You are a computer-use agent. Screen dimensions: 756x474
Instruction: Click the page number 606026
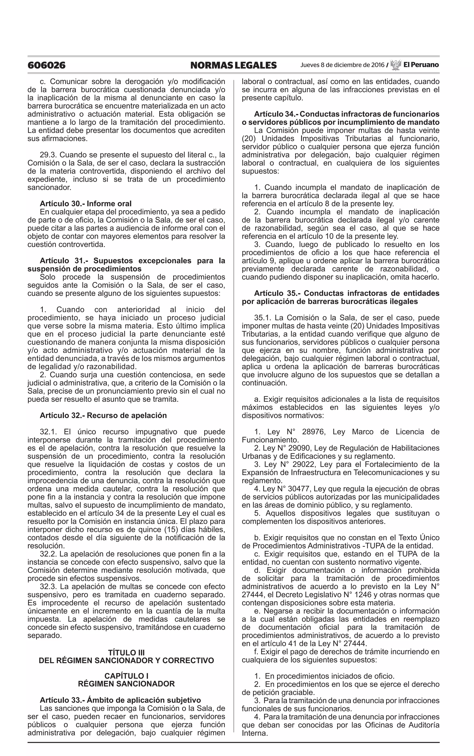pos(46,65)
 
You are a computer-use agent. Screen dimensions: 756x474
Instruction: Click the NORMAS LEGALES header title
pos(233,65)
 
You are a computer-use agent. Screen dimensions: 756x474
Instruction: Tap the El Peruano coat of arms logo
pos(396,65)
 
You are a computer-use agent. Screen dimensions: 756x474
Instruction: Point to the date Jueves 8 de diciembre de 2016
pos(342,65)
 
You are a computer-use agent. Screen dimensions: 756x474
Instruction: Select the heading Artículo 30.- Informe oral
pos(86,204)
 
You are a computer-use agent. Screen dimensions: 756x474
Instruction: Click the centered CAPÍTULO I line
pos(126,676)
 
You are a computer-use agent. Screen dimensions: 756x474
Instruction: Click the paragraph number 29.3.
pos(48,155)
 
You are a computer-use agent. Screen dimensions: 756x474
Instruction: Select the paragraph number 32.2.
pos(48,554)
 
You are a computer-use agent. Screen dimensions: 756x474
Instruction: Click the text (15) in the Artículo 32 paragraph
pos(171,530)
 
